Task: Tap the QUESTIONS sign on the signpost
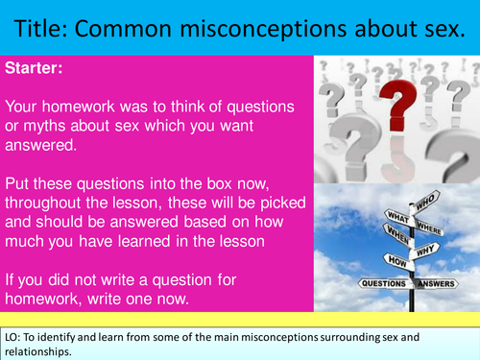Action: coord(382,284)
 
